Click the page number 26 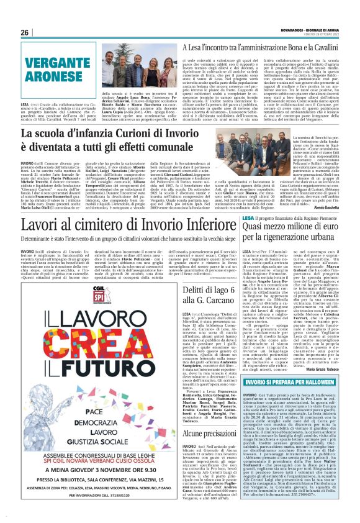coord(24,33)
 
